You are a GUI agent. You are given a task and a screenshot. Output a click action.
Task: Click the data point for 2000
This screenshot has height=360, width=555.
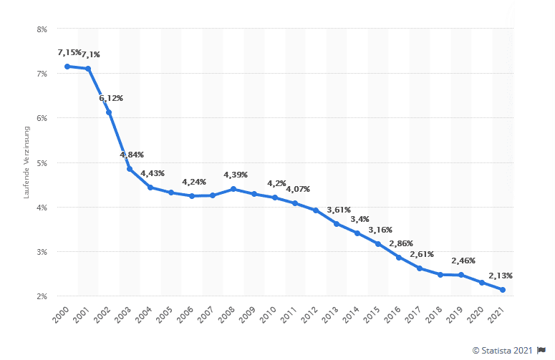(x=67, y=67)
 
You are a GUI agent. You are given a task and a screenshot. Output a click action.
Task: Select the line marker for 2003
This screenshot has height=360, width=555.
(x=130, y=169)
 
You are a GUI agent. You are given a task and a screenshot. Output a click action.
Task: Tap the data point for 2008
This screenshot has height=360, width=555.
(x=233, y=189)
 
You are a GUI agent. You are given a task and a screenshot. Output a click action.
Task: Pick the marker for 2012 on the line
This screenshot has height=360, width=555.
(x=316, y=210)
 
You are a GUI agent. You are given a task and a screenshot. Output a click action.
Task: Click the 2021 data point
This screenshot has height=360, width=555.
(x=503, y=290)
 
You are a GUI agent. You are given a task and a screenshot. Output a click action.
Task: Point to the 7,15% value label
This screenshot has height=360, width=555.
(x=69, y=53)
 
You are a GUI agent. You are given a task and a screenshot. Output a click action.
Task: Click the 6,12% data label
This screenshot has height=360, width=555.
(x=111, y=98)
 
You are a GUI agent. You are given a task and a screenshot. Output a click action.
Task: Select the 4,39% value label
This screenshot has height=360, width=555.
(x=236, y=175)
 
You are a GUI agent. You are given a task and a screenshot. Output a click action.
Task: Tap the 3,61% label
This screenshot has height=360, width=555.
(x=338, y=210)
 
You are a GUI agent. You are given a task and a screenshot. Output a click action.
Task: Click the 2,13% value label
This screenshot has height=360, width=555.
(x=501, y=276)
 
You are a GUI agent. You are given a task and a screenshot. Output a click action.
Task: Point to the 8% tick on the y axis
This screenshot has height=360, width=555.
(x=42, y=29)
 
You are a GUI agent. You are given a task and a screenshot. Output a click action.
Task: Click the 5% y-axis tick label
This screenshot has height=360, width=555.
(x=42, y=163)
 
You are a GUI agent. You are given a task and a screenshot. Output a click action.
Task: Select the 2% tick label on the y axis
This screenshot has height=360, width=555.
(x=42, y=296)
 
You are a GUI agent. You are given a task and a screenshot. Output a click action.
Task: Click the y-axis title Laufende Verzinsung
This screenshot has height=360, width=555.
(x=26, y=162)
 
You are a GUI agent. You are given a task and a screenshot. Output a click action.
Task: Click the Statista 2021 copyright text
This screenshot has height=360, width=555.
(x=503, y=350)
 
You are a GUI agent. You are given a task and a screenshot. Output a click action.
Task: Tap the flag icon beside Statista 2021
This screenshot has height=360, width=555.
(x=541, y=350)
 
